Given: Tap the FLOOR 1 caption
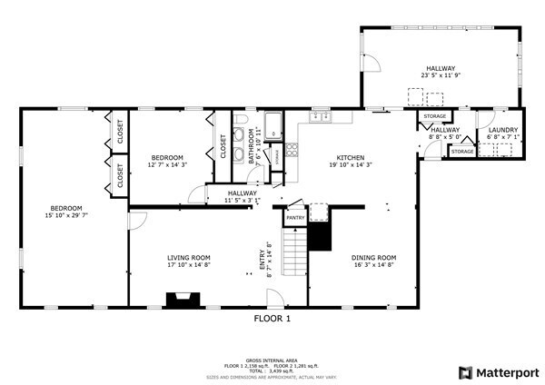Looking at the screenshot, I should click(272, 320).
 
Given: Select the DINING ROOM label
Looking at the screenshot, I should click(374, 258).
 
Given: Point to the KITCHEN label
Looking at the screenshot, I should click(350, 157).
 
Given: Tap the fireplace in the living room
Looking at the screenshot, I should click(183, 299).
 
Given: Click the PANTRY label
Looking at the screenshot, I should click(295, 218).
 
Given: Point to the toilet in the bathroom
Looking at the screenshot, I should click(241, 120).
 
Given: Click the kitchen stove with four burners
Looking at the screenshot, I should click(292, 151).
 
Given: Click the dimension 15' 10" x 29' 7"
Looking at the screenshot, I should click(65, 215).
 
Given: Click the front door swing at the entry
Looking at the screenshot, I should click(273, 298).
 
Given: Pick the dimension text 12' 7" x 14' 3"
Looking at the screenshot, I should click(167, 165).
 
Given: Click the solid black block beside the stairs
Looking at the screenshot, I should click(319, 238).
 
